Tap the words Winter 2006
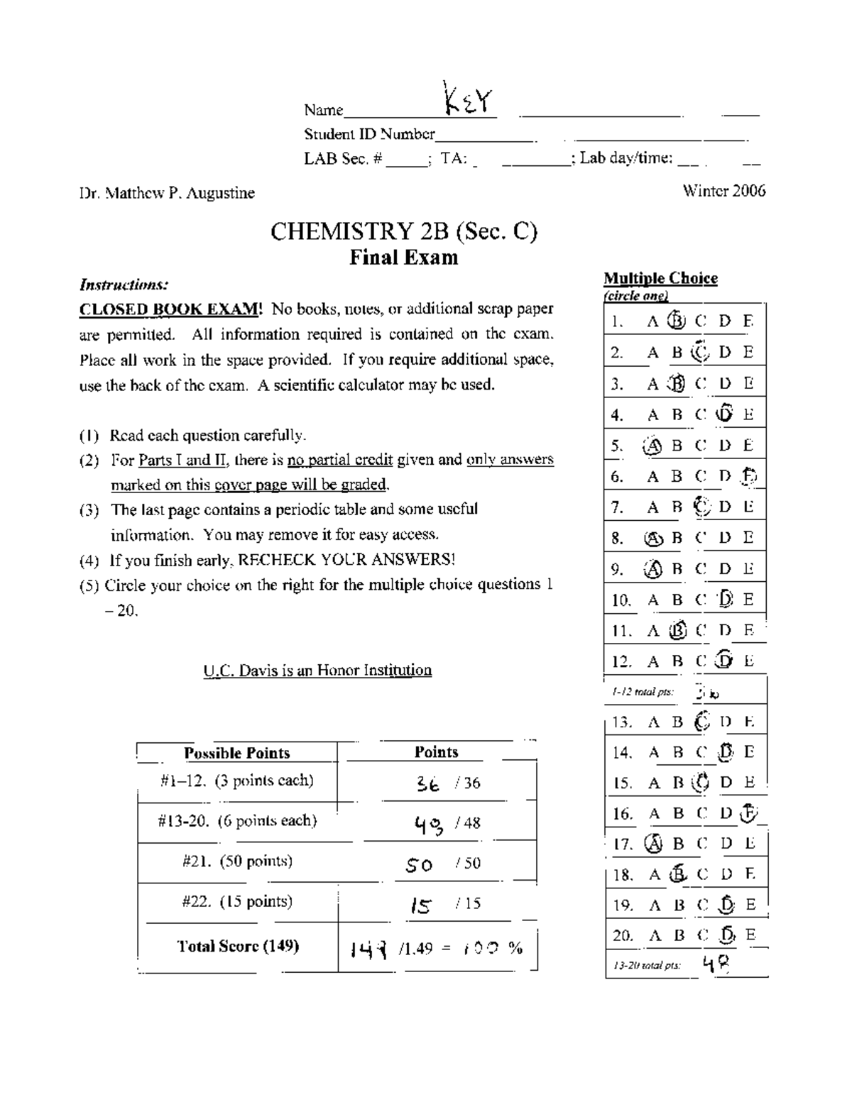(723, 191)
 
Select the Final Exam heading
(403, 257)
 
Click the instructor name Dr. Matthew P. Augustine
(167, 193)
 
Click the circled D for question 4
(724, 414)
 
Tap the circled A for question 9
(652, 568)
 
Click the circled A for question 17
(652, 844)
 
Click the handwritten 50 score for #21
(419, 864)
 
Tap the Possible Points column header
(236, 753)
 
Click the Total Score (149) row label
(238, 946)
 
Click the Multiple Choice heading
(660, 278)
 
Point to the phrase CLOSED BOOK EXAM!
(171, 309)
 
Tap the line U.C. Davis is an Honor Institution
(317, 670)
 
